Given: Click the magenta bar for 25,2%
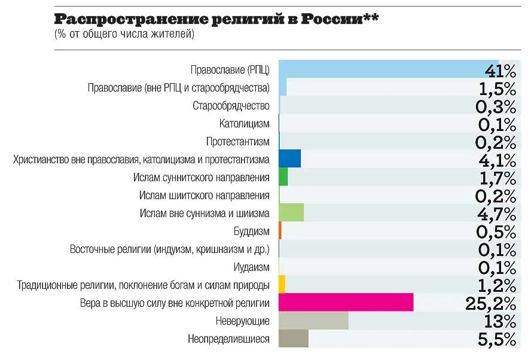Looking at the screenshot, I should [x=346, y=303].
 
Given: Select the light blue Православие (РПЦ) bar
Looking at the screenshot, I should [x=389, y=69].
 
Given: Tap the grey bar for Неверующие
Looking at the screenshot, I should [x=313, y=321].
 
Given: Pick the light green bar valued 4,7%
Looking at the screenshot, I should [x=291, y=213].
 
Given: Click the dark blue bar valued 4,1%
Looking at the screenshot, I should [x=289, y=159].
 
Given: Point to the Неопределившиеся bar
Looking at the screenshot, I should [x=293, y=338].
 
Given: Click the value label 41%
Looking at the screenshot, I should [x=499, y=71].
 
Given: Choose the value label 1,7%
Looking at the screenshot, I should [x=496, y=178].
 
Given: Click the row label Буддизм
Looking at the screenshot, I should [x=251, y=231].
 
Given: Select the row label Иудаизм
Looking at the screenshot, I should [x=251, y=267].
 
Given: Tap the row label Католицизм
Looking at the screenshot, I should [x=244, y=124].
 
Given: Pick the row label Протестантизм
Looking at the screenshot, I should [x=237, y=142].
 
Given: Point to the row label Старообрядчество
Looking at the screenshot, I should [x=231, y=106].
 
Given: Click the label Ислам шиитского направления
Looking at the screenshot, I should [x=204, y=196].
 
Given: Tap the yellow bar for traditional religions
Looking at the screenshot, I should [x=282, y=285].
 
